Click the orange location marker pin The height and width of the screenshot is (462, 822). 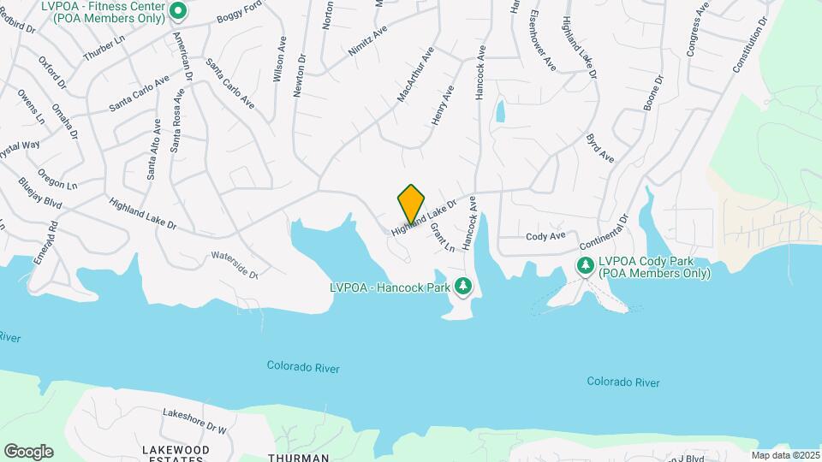(x=412, y=204)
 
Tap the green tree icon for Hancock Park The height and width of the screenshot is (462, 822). (x=464, y=286)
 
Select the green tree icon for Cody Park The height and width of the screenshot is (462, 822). (x=586, y=266)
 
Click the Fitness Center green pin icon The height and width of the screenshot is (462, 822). (x=178, y=11)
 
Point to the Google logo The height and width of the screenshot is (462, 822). (x=28, y=451)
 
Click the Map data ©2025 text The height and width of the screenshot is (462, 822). (x=784, y=455)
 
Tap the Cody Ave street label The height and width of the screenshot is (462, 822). (x=545, y=235)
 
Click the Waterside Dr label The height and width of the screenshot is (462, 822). (x=234, y=266)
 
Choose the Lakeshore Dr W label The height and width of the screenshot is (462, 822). (x=194, y=418)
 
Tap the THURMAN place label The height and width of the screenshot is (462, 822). (x=299, y=458)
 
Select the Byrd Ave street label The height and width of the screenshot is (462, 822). (x=600, y=147)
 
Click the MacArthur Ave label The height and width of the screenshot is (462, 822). (x=415, y=76)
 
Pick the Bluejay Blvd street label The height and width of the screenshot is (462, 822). (x=40, y=193)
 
